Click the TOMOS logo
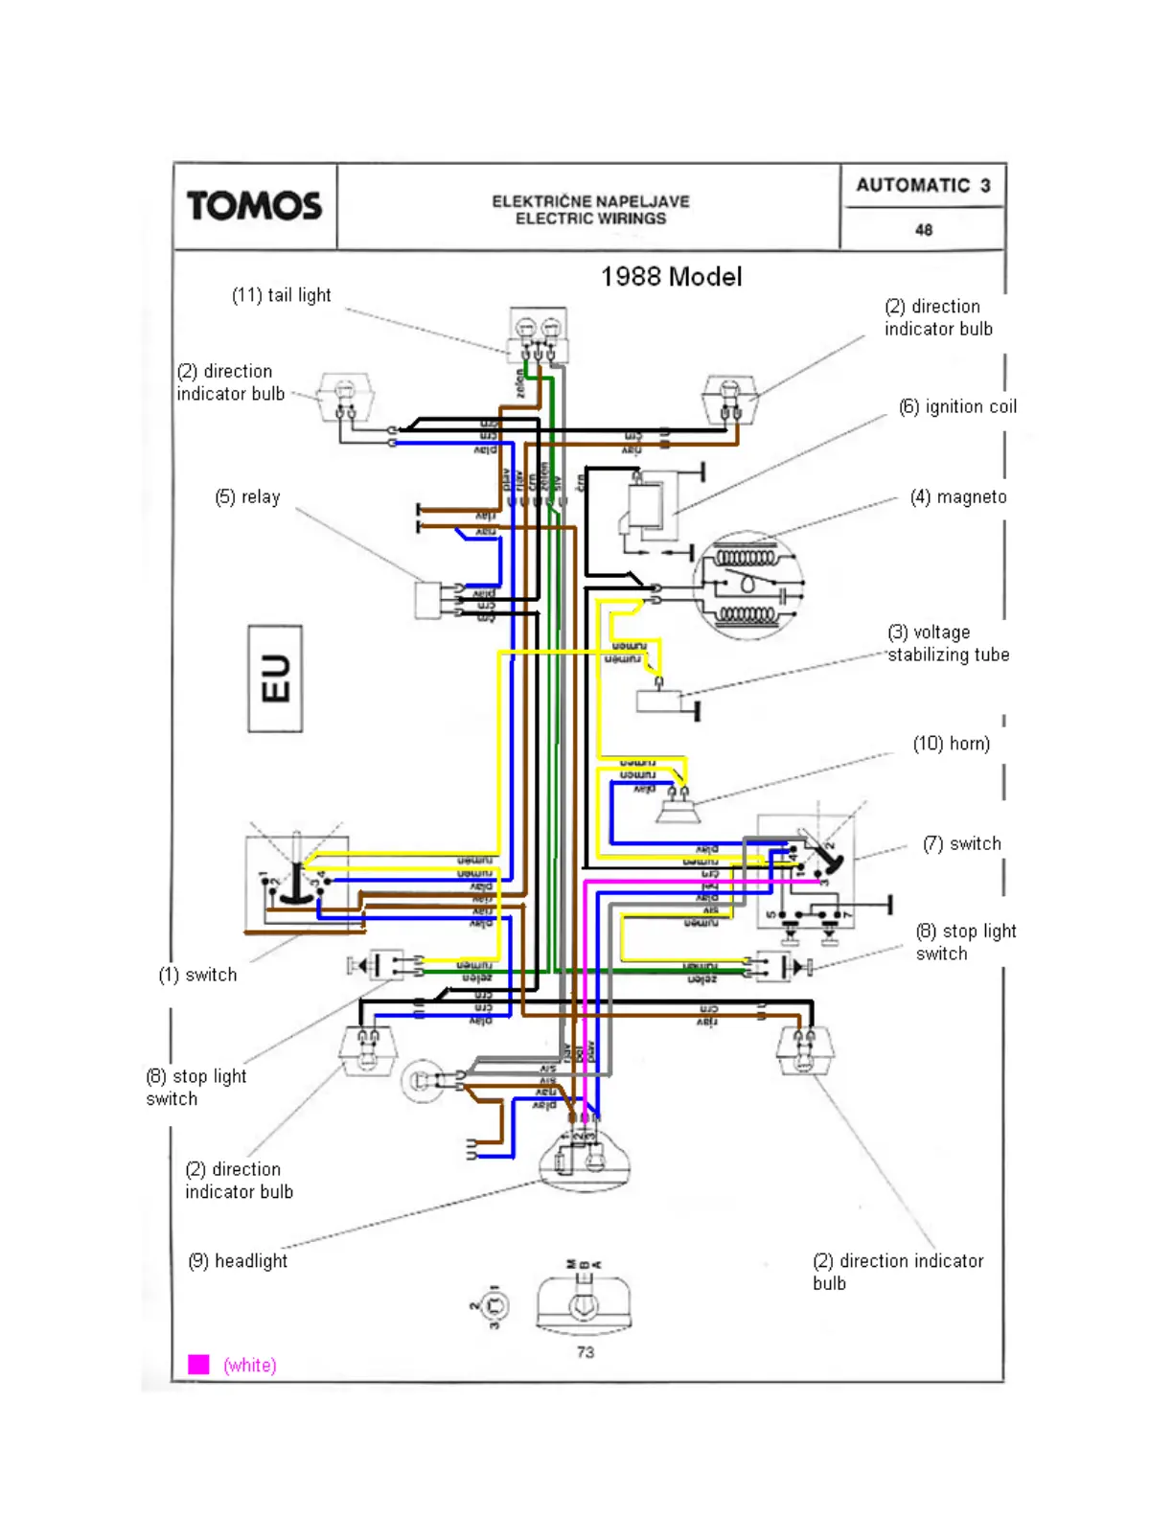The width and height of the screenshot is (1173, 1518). point(254,206)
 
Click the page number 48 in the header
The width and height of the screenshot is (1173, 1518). point(923,230)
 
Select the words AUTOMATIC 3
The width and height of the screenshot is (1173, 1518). point(923,185)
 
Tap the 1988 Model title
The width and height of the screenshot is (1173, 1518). point(671,277)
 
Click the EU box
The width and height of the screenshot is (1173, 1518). point(275,678)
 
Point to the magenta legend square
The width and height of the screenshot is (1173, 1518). point(198,1365)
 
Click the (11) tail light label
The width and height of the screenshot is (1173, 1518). point(281,295)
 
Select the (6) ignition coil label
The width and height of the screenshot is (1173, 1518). point(957,406)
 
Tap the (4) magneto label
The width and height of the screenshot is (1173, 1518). point(958,496)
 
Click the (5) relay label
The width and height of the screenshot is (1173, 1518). point(247,496)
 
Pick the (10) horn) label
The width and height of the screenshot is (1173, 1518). point(951,744)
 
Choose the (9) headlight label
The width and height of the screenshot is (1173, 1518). point(238,1261)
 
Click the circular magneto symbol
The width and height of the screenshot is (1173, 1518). point(747,585)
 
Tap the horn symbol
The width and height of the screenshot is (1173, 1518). point(678,811)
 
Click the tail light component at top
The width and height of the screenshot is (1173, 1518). point(538,334)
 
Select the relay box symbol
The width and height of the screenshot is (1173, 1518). point(427,600)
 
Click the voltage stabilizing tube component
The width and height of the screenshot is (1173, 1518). point(658,701)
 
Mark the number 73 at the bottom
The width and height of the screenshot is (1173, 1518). point(586,1352)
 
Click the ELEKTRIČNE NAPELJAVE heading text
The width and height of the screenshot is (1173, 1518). point(590,201)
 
